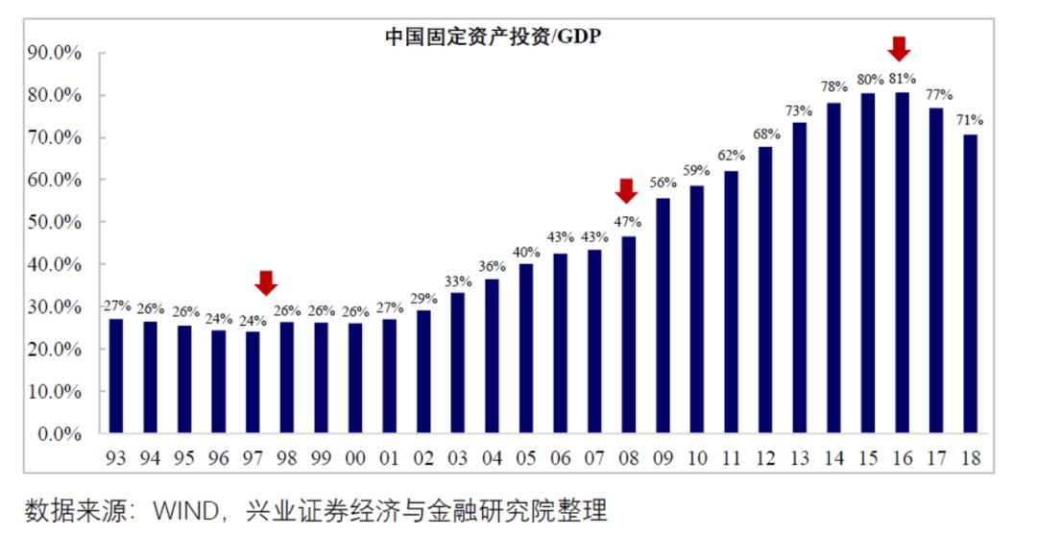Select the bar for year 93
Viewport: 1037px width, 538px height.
coord(116,376)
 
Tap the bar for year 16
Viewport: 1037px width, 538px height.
coord(902,263)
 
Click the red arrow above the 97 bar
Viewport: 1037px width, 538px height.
coord(266,282)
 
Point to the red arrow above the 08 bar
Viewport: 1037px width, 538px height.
coord(626,191)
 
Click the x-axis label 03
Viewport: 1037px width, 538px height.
coord(457,460)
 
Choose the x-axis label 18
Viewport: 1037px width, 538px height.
coord(970,460)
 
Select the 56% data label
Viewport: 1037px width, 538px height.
coord(662,183)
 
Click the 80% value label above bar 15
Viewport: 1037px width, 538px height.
coord(867,80)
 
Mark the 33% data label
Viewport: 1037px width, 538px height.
coord(457,281)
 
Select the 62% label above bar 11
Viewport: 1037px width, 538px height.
coord(731,156)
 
